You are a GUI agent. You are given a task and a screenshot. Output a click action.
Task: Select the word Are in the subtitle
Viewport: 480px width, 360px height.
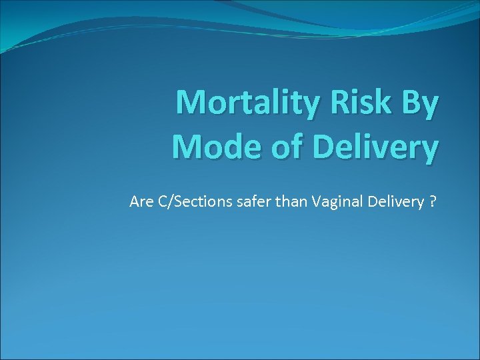[141, 201]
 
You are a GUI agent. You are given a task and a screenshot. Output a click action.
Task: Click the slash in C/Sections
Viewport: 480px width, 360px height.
[167, 201]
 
